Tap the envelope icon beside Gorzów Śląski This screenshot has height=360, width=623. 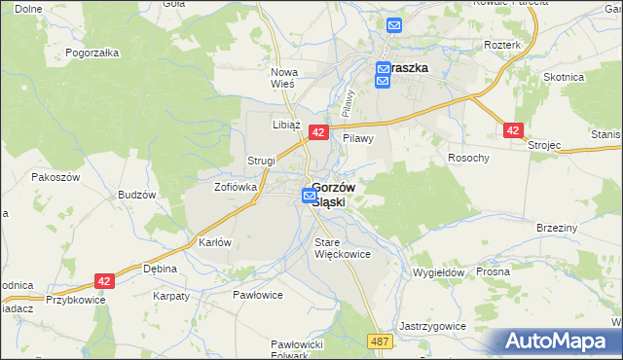(x=309, y=196)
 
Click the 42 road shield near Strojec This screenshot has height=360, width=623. (x=514, y=130)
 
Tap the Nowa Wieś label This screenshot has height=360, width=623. (x=282, y=78)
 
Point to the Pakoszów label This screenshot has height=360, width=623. (x=55, y=178)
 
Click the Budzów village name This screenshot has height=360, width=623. (x=137, y=195)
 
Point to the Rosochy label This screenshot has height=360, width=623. (x=467, y=158)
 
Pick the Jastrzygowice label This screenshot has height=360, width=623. (x=432, y=326)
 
